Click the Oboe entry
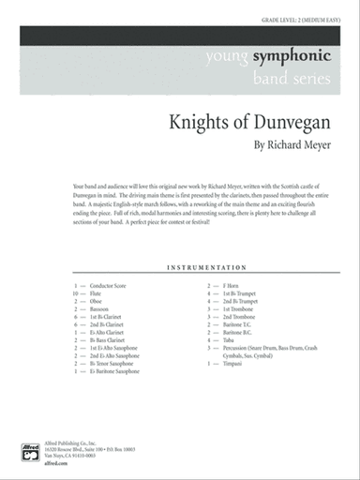[97, 300]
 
